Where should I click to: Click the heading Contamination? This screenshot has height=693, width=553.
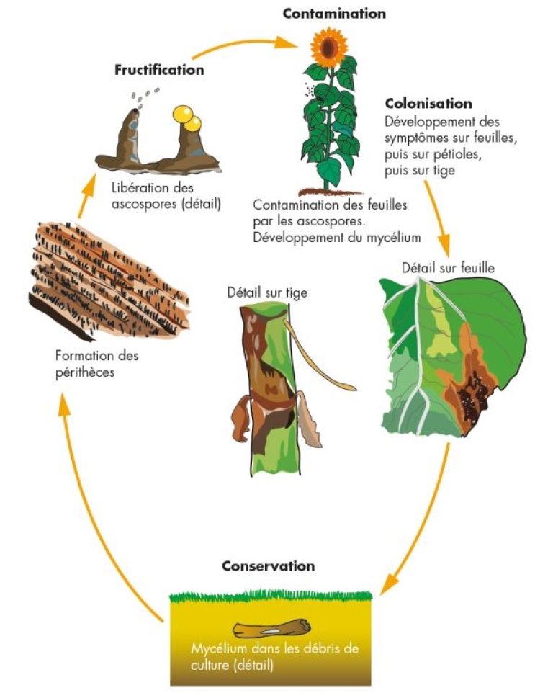tap(334, 14)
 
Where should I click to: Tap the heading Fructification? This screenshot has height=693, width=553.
tap(159, 70)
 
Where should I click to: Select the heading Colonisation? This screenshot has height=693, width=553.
tap(428, 104)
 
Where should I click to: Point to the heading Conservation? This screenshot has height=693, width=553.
tap(268, 565)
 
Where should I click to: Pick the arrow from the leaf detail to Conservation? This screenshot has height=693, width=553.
tap(425, 519)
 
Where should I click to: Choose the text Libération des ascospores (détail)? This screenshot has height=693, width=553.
tap(166, 196)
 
